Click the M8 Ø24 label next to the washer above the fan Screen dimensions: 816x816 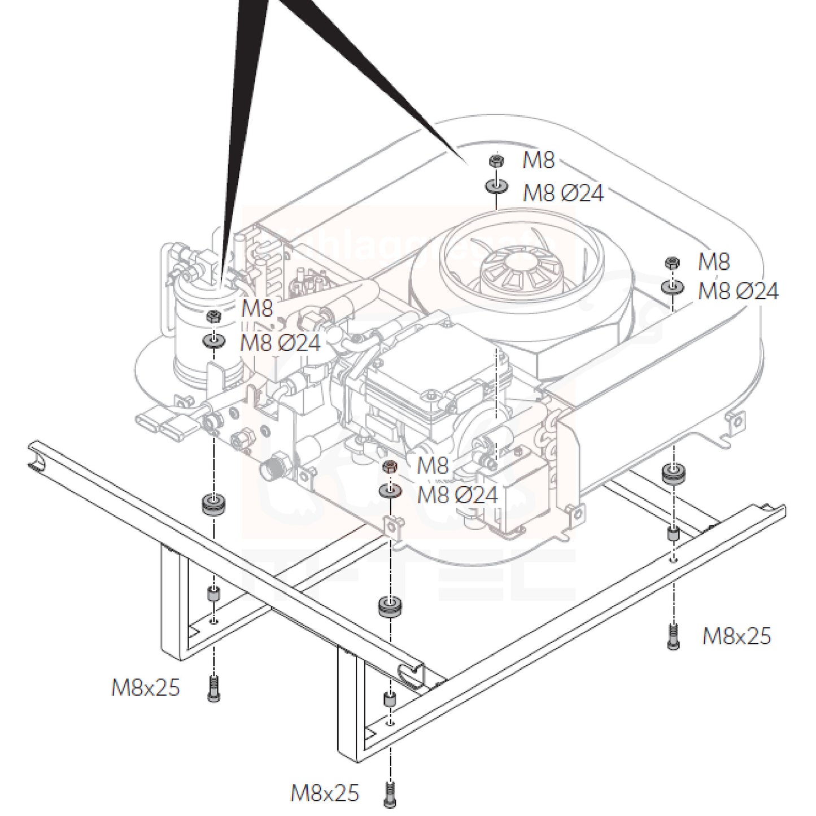pyautogui.click(x=563, y=193)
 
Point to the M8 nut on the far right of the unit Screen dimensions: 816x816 pyautogui.click(x=672, y=262)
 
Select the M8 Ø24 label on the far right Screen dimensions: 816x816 pyautogui.click(x=738, y=291)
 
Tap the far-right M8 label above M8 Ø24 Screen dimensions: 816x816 pyautogui.click(x=714, y=262)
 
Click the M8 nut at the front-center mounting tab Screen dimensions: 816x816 pyautogui.click(x=389, y=466)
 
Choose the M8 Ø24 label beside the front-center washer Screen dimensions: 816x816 pyautogui.click(x=457, y=495)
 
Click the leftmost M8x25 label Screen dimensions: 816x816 pyautogui.click(x=145, y=688)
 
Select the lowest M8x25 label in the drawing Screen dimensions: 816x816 pyautogui.click(x=325, y=793)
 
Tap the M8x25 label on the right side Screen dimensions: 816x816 pyautogui.click(x=736, y=636)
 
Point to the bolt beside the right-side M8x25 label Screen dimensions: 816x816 pyautogui.click(x=672, y=636)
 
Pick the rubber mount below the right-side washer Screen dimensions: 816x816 pyautogui.click(x=673, y=473)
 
